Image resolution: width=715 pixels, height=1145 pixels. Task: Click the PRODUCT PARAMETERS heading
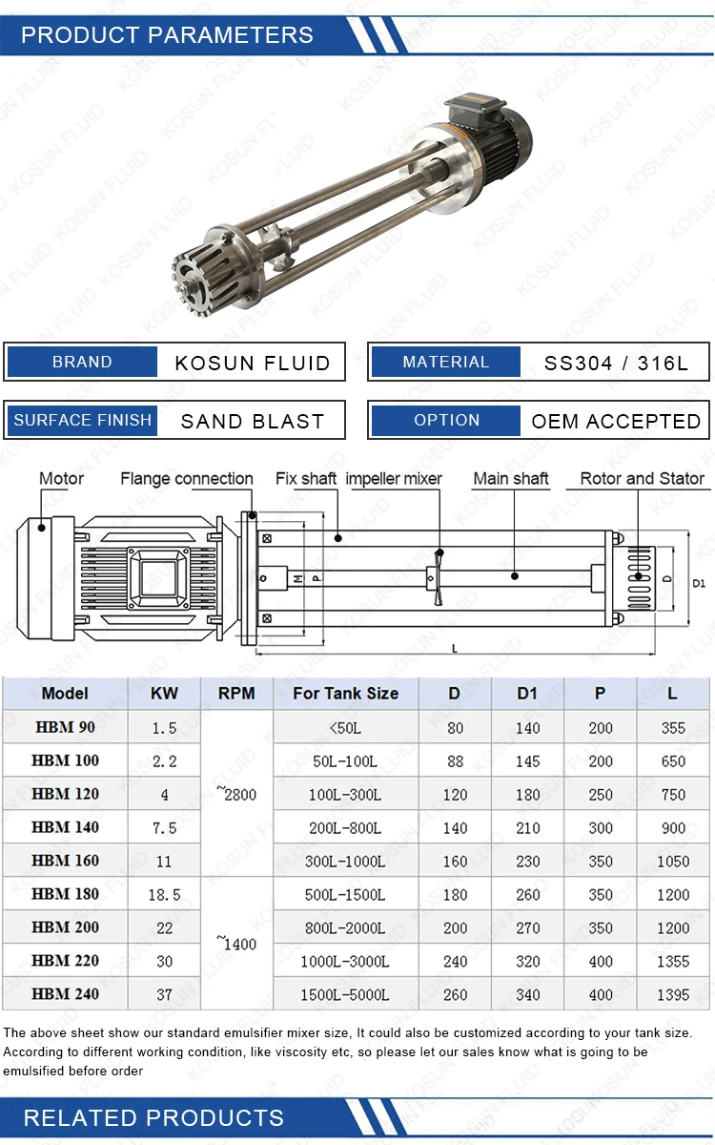[167, 35]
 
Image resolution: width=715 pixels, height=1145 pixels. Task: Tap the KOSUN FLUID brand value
[253, 363]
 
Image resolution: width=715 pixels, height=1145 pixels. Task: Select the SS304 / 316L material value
[615, 363]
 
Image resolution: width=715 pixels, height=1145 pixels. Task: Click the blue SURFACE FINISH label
[83, 420]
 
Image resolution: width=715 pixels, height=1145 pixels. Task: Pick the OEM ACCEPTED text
[616, 421]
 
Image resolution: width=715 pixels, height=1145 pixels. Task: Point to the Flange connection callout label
[186, 478]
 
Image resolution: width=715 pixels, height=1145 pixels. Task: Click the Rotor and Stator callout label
[642, 478]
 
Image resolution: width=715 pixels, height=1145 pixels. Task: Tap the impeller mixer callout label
[394, 478]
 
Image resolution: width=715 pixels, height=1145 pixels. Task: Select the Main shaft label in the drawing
[511, 478]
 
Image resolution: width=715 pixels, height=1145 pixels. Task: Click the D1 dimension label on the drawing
[699, 582]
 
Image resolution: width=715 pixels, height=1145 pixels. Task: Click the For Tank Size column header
[345, 693]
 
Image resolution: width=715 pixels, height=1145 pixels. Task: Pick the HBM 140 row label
[65, 827]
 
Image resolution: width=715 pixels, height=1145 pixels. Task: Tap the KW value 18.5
[164, 895]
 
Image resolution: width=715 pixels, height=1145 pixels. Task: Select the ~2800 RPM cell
[236, 794]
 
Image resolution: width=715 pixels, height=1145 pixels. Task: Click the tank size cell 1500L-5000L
[345, 994]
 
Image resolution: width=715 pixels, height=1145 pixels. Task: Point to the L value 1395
[673, 994]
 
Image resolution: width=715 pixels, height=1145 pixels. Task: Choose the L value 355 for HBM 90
[673, 727]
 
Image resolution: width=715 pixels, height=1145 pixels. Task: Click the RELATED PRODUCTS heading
[153, 1117]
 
